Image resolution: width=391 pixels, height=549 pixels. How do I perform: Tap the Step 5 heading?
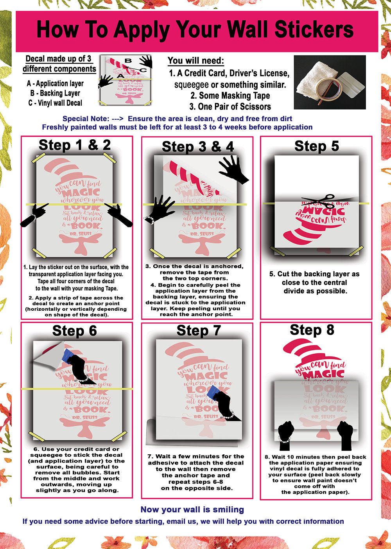coord(316,146)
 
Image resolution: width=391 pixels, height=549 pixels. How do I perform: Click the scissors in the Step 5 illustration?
coord(317,200)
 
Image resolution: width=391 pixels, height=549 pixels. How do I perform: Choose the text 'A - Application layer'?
coord(55,83)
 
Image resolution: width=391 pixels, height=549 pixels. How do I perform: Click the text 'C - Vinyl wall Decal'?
coord(55,103)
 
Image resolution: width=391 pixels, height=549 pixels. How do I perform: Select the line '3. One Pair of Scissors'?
coord(230,106)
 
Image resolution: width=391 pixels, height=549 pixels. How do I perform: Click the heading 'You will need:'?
coord(196,61)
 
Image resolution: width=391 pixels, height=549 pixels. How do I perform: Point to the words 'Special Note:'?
coord(86,119)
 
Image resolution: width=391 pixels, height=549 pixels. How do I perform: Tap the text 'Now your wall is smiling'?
coord(192,509)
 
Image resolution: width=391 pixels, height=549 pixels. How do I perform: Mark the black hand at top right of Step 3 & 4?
coord(234,169)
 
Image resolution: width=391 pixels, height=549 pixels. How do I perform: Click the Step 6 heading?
coord(74,331)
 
